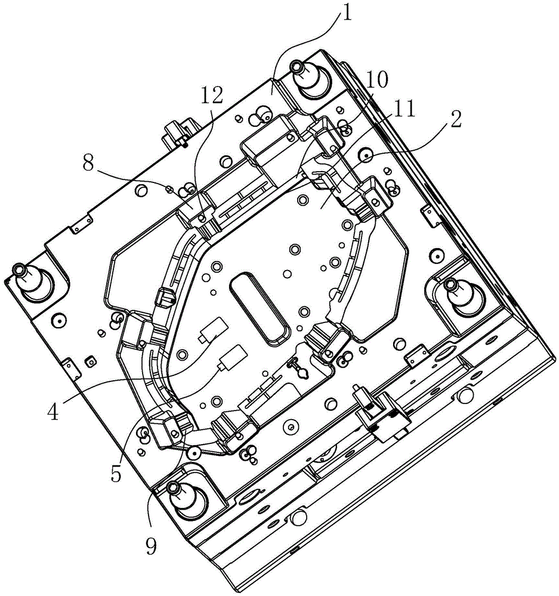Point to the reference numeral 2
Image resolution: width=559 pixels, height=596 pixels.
455,119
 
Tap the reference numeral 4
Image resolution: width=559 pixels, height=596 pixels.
53,411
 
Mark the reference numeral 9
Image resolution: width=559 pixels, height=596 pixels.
151,547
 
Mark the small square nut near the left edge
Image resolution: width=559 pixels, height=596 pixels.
91,362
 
